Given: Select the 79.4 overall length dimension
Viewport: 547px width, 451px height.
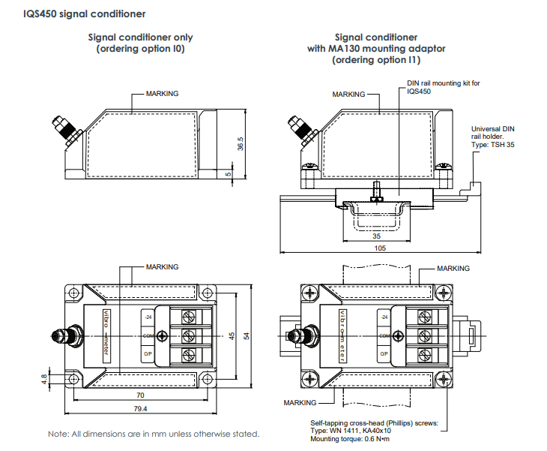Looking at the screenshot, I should tap(139, 409).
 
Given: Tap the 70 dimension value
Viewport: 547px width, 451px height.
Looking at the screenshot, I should tap(140, 395).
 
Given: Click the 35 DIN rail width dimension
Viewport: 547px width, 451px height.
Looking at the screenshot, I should tap(376, 236).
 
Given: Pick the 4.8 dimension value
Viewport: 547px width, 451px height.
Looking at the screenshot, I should tap(45, 378).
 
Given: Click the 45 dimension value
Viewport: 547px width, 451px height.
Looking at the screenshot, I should tap(233, 335).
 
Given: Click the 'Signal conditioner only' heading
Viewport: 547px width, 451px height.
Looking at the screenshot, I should tap(140, 37).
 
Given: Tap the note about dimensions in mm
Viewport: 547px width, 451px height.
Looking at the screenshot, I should tap(154, 434).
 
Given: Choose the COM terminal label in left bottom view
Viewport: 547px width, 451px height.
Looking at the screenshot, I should tap(148, 335).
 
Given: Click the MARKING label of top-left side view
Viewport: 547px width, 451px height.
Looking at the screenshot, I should tap(162, 94).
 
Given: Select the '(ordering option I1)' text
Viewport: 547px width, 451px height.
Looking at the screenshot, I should tap(376, 60).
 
